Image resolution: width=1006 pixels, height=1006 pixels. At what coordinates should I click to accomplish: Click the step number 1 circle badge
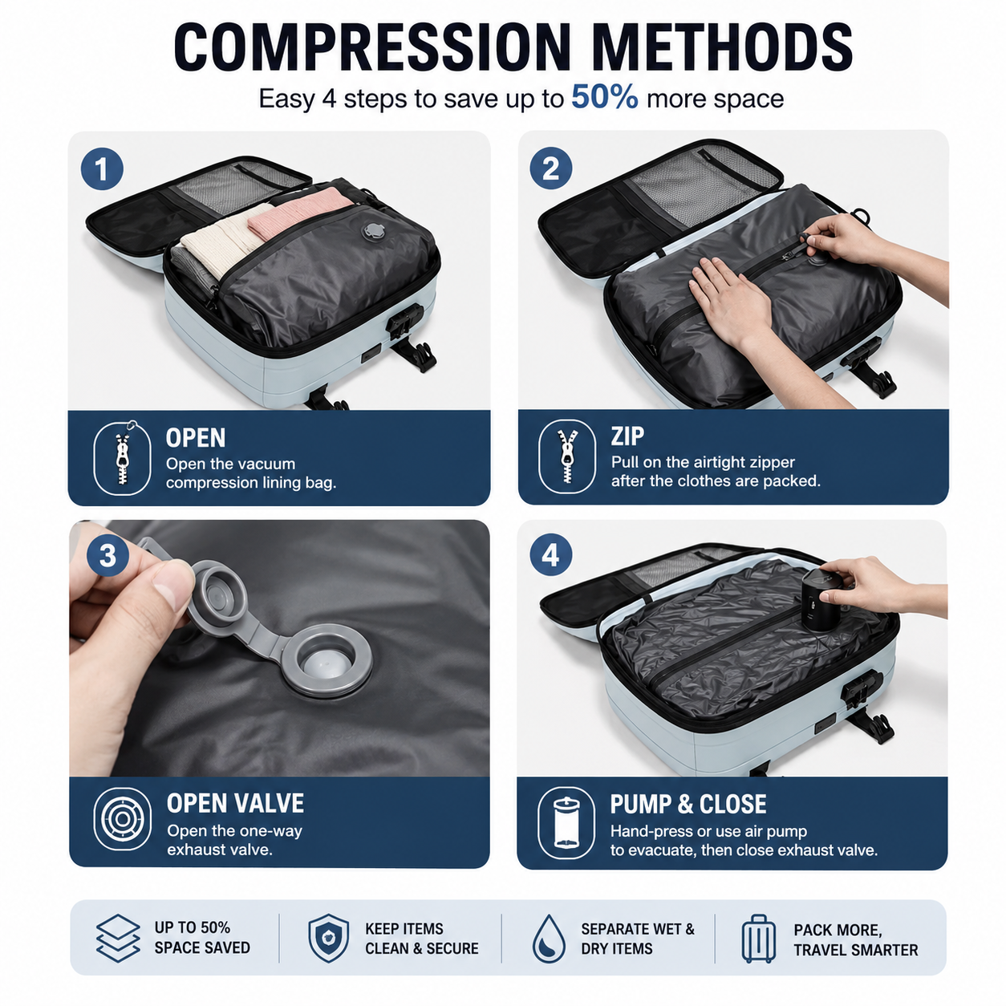point(102,168)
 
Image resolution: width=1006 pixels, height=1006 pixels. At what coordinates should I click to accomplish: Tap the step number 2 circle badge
point(551,168)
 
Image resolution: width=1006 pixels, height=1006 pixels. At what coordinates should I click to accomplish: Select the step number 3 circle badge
point(108,555)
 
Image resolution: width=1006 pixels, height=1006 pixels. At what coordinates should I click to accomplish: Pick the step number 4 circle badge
point(551,554)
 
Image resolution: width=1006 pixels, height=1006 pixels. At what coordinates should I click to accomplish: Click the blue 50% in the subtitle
point(605,96)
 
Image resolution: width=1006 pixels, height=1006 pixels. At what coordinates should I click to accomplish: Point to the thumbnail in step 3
point(169,587)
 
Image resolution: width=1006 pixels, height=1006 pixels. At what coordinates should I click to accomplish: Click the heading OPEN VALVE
point(235,804)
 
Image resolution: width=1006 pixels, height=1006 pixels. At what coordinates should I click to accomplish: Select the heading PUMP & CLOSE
point(688,804)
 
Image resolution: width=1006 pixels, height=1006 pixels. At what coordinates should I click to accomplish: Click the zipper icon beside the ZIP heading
point(567,456)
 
